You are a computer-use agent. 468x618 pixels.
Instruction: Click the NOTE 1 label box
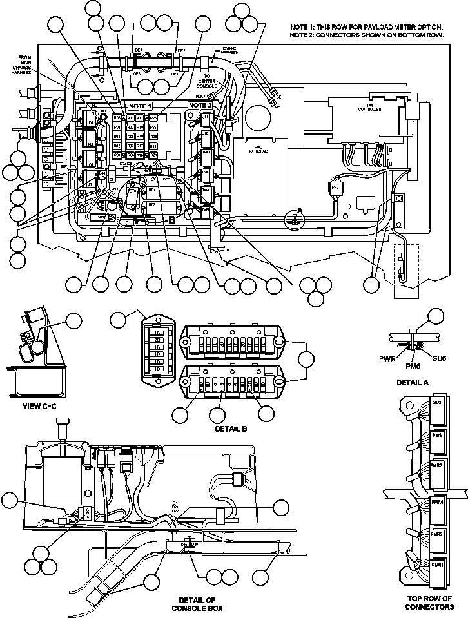[140, 105]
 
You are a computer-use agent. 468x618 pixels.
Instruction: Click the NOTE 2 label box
[200, 105]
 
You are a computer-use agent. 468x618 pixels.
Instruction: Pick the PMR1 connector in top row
[437, 565]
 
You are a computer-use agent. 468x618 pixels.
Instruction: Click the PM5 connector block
[437, 435]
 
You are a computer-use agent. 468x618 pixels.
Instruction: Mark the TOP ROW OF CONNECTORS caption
[430, 603]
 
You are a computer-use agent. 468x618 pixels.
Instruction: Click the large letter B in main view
[172, 219]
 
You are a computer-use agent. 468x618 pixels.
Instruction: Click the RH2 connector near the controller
[335, 187]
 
